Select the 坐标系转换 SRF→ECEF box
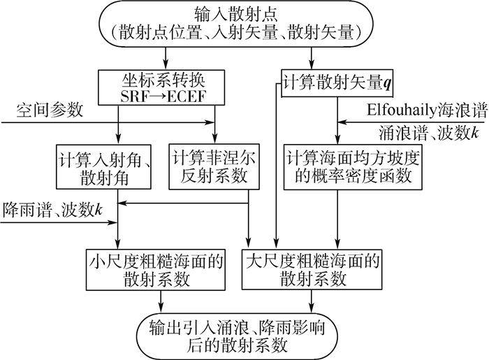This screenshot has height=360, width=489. point(166,86)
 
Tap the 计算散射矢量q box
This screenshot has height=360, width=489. point(338,82)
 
